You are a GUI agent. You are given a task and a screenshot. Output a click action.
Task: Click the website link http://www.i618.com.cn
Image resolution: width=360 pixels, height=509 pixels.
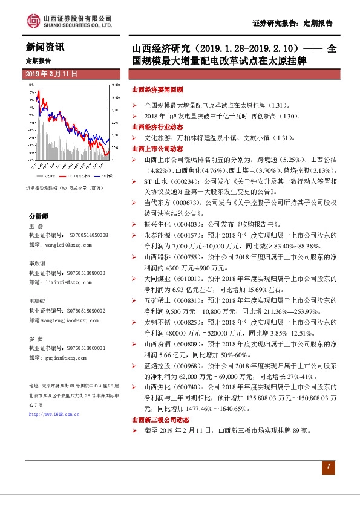54,415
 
